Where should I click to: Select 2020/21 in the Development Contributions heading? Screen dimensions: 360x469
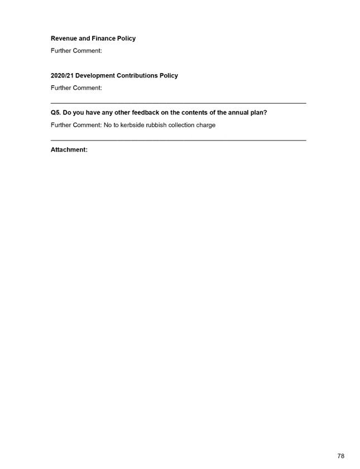(x=62, y=76)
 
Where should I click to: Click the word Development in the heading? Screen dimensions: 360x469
(x=95, y=76)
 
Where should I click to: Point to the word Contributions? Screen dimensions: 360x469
(x=137, y=76)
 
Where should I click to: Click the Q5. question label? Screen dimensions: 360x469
(x=56, y=113)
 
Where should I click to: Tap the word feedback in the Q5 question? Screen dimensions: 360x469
(x=146, y=113)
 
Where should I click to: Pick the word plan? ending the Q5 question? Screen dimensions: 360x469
(x=258, y=113)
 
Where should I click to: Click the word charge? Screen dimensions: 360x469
(x=206, y=125)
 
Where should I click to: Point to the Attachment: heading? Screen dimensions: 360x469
(x=69, y=150)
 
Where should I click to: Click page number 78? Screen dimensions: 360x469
(x=341, y=456)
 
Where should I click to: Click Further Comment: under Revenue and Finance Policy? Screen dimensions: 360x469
(x=76, y=51)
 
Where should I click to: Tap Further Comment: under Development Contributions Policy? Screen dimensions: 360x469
(x=76, y=88)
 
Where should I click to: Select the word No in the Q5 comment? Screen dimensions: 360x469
(x=108, y=125)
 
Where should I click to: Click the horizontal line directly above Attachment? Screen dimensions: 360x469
(x=179, y=140)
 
